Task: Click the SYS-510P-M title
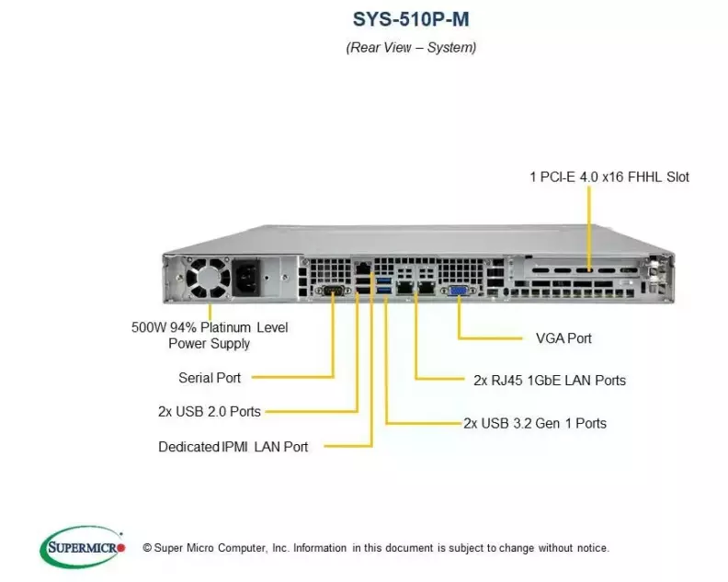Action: [410, 17]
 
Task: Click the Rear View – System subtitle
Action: [410, 47]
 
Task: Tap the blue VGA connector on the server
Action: [456, 291]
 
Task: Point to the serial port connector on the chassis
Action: [332, 291]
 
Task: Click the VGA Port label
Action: [563, 338]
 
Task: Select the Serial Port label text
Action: [210, 378]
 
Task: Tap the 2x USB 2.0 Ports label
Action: [209, 412]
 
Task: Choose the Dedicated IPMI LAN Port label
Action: [233, 447]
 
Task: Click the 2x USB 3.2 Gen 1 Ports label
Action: [535, 424]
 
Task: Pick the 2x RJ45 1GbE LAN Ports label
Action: [550, 380]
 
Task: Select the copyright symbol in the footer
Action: [148, 548]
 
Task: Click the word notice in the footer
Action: [588, 548]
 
